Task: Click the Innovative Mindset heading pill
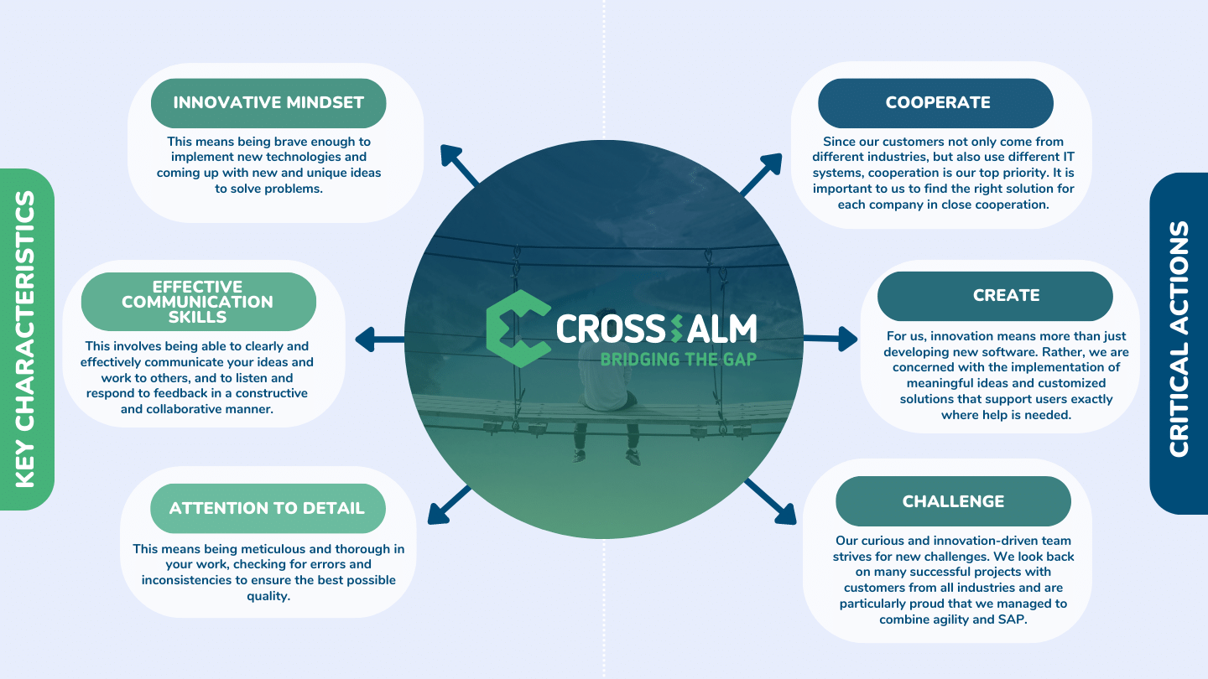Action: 268,103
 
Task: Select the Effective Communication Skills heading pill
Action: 199,301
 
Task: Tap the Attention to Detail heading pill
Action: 268,508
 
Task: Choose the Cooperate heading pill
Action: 935,103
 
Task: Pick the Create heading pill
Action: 995,296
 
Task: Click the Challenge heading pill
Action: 954,501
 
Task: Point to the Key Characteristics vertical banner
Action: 27,339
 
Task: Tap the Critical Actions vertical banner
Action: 1179,344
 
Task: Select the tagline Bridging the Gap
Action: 679,360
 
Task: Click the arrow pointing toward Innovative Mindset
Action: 459,165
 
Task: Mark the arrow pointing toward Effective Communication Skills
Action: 380,339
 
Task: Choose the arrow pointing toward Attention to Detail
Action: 450,505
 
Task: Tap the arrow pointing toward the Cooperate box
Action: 761,174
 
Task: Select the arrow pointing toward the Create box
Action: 830,339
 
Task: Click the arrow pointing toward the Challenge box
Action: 770,501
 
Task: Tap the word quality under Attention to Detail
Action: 268,597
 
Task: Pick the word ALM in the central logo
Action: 722,329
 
